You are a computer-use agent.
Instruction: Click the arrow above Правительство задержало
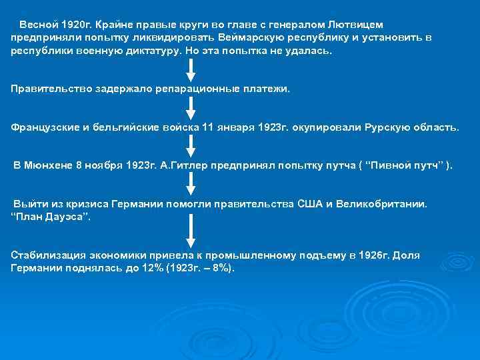(191, 70)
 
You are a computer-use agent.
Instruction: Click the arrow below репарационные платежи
(191, 108)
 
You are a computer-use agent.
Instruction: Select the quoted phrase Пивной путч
(406, 165)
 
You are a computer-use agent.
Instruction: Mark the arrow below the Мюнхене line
(191, 184)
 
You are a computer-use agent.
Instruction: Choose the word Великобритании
(383, 203)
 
